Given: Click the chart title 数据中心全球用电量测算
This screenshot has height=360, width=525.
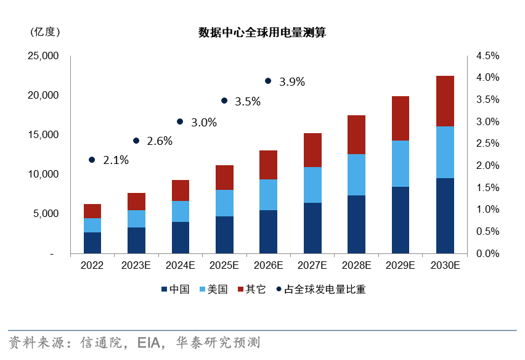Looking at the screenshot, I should coord(262,33).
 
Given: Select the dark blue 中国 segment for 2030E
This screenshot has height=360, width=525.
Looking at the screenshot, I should coord(445,216).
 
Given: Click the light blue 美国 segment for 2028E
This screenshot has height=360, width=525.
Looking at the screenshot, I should coord(357,174).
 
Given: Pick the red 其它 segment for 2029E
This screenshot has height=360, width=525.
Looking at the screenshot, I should coord(401,118).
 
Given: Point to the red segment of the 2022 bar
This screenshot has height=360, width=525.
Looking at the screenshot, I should coord(92,211).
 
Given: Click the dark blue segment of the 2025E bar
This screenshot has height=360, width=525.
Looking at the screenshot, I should coord(224,234).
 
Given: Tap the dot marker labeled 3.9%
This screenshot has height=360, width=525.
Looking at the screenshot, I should coord(268,81).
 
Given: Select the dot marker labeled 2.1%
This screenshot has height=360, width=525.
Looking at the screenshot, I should coord(92,160).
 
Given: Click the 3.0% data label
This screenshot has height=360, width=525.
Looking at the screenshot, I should coord(204,122).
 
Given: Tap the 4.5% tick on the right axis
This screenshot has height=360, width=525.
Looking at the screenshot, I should coord(487,56).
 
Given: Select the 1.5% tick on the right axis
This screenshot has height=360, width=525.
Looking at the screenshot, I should coord(487,187).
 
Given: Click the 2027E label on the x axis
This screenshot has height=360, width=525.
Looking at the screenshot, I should coord(312,266).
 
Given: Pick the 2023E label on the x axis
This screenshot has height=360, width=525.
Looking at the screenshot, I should coord(136,266).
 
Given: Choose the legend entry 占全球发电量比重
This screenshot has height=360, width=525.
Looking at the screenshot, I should coord(320,289).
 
